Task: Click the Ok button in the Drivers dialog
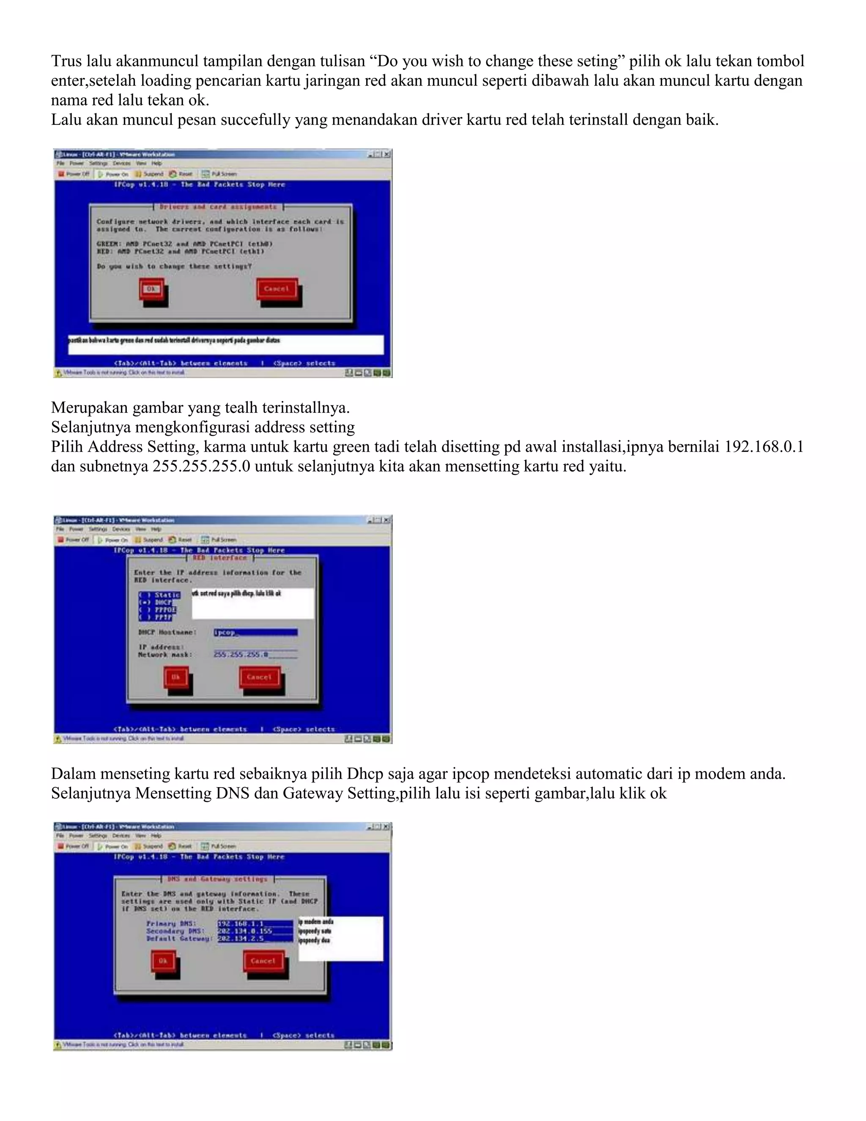(151, 289)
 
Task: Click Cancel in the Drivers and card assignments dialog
(277, 289)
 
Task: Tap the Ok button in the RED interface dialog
(176, 677)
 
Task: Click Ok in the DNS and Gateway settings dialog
(163, 961)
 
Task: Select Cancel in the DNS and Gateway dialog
(263, 961)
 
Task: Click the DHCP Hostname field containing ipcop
(255, 632)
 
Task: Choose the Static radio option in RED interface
(159, 595)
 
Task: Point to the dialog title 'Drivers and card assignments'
(218, 207)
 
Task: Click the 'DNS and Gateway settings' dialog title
(217, 879)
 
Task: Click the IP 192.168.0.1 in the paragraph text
(763, 447)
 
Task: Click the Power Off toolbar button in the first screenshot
(74, 174)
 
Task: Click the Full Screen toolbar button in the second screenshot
(219, 539)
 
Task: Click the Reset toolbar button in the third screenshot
(180, 846)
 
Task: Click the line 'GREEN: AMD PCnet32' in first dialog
(185, 244)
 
